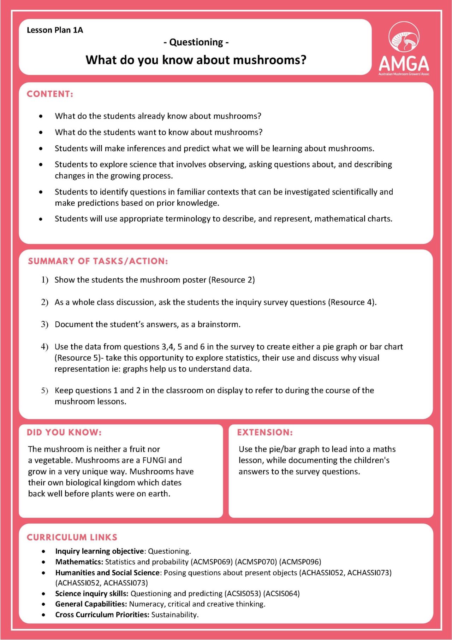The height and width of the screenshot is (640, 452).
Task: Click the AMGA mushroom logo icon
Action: click(404, 37)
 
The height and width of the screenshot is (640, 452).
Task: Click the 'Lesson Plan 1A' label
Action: click(55, 30)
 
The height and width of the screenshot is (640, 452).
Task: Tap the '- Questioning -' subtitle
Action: click(196, 42)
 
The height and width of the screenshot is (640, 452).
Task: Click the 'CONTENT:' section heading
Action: click(50, 94)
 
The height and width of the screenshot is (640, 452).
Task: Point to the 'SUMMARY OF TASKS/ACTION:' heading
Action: click(98, 261)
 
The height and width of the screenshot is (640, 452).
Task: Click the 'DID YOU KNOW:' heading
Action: click(64, 432)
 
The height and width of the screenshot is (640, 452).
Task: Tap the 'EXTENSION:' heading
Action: click(265, 432)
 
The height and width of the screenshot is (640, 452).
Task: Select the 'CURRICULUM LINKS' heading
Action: click(72, 537)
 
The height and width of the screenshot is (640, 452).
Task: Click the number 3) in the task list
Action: click(44, 325)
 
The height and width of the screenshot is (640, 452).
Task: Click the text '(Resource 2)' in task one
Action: click(232, 280)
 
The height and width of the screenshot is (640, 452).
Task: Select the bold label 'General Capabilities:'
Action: click(91, 604)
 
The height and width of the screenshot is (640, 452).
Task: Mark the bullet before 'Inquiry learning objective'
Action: click(43, 552)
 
